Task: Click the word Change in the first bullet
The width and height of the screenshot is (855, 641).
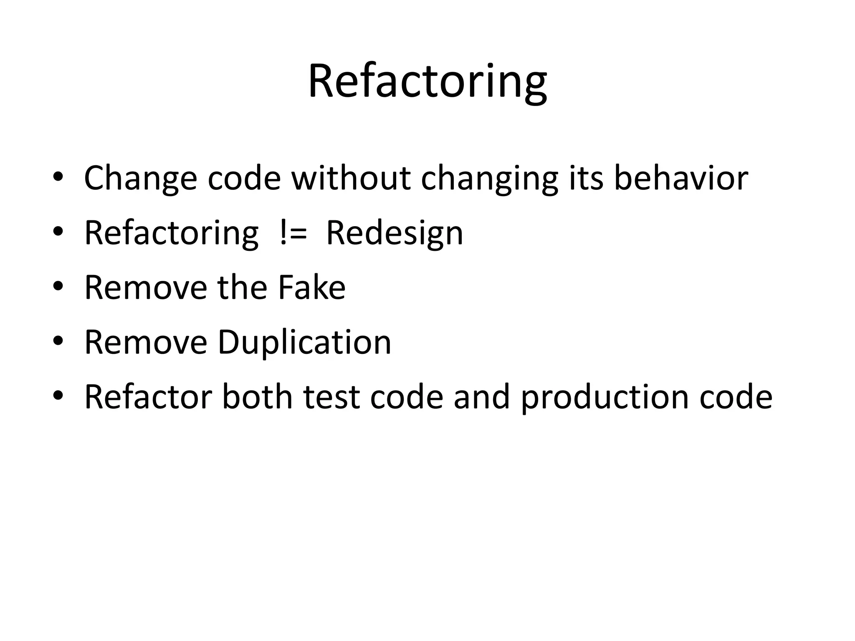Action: click(x=140, y=178)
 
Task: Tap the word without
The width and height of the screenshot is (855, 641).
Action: click(x=351, y=178)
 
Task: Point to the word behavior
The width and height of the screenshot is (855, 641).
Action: click(x=680, y=178)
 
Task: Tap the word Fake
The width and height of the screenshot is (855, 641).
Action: click(x=311, y=288)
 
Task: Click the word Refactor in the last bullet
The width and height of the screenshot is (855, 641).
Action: click(x=148, y=397)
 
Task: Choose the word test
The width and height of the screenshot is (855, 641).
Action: click(x=331, y=398)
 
